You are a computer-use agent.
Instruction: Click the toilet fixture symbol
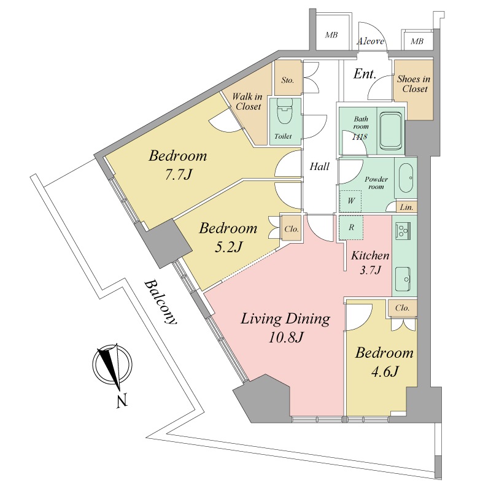click(x=285, y=114)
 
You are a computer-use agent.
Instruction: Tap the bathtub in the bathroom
click(x=390, y=131)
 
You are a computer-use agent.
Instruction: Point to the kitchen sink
click(x=403, y=279)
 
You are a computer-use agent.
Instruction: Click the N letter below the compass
click(x=122, y=401)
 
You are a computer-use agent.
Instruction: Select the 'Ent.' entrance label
click(x=365, y=74)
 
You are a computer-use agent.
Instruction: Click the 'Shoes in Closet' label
click(x=414, y=84)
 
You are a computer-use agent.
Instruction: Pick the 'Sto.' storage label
click(x=287, y=80)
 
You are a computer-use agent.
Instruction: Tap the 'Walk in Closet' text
click(x=247, y=101)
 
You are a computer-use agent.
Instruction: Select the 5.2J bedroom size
click(x=228, y=247)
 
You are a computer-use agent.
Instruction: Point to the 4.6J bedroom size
click(x=384, y=372)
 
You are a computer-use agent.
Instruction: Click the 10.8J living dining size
click(x=286, y=337)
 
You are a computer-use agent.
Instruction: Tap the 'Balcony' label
click(x=160, y=303)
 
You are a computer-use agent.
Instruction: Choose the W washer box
click(x=350, y=201)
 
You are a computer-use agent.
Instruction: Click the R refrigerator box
click(x=351, y=227)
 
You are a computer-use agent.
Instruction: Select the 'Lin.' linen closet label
click(x=406, y=207)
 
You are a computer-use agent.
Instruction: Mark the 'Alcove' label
click(x=371, y=41)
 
